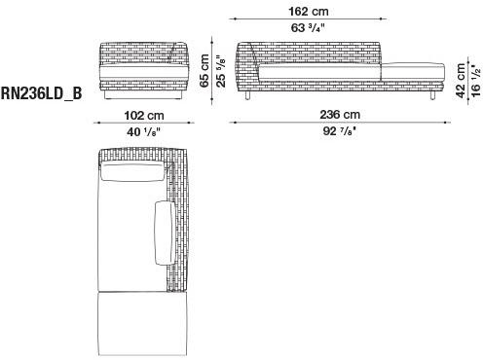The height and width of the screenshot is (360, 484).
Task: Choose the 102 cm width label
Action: tap(142, 114)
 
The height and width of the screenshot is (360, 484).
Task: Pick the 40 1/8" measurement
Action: tap(142, 131)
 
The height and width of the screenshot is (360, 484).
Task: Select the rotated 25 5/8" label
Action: tap(221, 68)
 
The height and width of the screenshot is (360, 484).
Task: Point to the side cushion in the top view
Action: tap(162, 234)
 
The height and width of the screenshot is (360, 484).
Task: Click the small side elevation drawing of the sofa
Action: tap(143, 70)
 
